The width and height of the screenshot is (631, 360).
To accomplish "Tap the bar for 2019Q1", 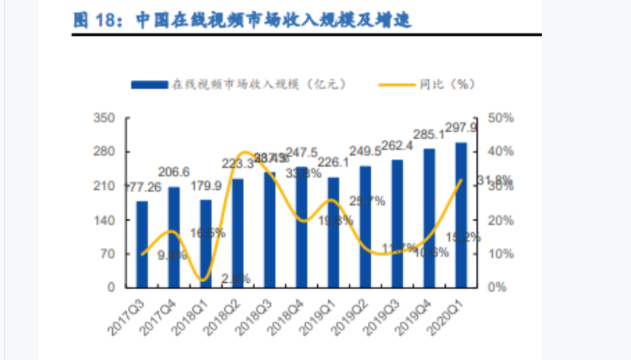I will [x=333, y=232].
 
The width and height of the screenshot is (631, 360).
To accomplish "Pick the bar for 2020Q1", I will [x=461, y=215].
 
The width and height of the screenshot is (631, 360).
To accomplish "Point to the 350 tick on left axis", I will [x=106, y=118].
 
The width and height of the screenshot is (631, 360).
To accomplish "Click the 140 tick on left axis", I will [x=106, y=219].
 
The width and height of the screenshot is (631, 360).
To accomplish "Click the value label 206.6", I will [x=174, y=172].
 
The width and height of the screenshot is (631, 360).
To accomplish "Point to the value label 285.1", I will [x=429, y=134].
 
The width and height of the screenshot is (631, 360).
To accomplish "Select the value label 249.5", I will [x=365, y=150].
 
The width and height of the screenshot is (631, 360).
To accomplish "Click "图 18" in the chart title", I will [x=95, y=21].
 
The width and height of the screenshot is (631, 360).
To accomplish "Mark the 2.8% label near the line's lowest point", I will [x=236, y=278].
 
